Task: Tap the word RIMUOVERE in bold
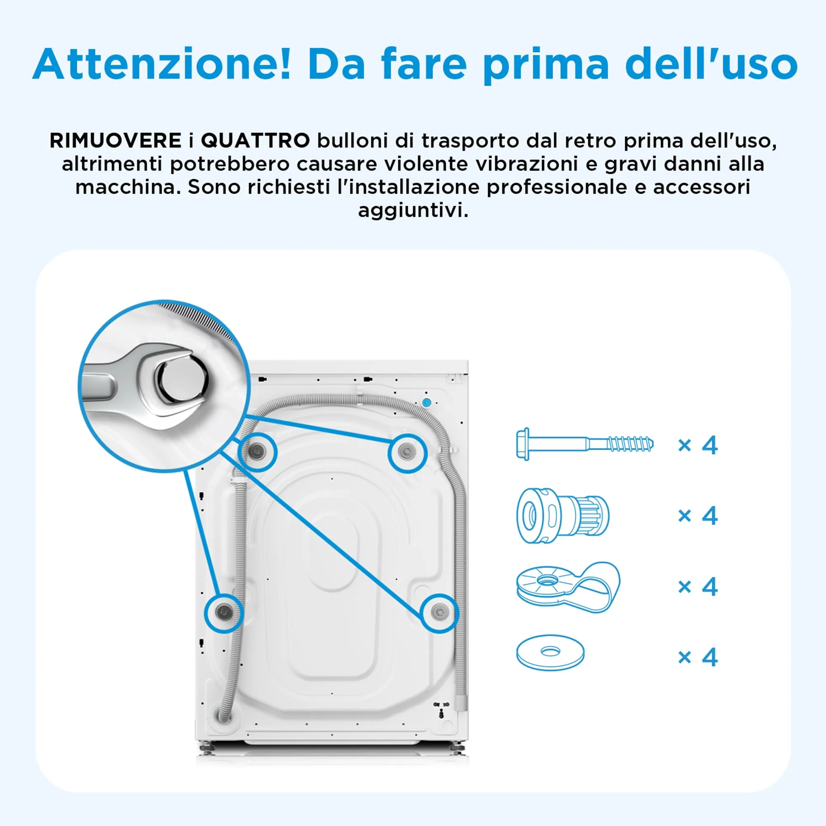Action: click(x=116, y=141)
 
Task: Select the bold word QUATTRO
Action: click(x=255, y=141)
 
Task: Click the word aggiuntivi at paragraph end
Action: click(x=413, y=210)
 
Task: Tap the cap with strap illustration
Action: click(x=568, y=586)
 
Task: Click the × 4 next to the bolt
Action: click(x=698, y=446)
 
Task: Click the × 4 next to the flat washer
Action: click(x=698, y=657)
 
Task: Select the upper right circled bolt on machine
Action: click(x=407, y=451)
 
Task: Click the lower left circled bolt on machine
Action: click(x=223, y=612)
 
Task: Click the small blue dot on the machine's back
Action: click(x=426, y=402)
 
